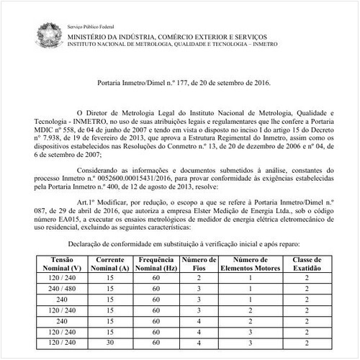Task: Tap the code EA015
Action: coord(87,220)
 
